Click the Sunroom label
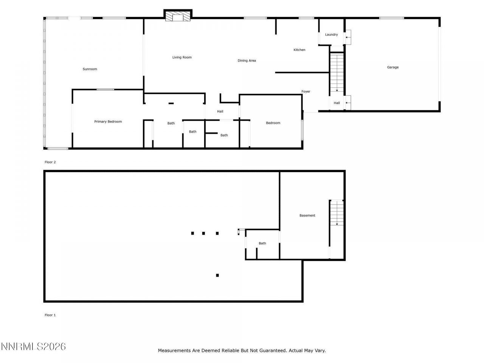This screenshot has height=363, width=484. [90, 69]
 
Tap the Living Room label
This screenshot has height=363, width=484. [182, 57]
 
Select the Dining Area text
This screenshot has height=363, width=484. [247, 60]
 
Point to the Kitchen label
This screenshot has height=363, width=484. [299, 50]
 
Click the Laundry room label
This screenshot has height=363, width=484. [331, 35]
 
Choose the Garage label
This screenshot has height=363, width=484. [392, 67]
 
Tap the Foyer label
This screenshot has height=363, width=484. [306, 92]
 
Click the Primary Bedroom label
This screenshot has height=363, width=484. [108, 122]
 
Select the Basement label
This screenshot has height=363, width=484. [307, 216]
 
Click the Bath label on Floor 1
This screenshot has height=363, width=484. [262, 244]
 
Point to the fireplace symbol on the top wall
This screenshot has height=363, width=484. [178, 16]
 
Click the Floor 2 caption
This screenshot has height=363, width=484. [50, 162]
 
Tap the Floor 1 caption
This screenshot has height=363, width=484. [50, 315]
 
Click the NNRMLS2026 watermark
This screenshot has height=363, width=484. [33, 346]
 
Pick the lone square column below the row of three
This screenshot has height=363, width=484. [217, 275]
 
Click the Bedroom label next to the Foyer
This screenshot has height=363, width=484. [273, 123]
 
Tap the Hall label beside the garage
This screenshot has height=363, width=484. [337, 103]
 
